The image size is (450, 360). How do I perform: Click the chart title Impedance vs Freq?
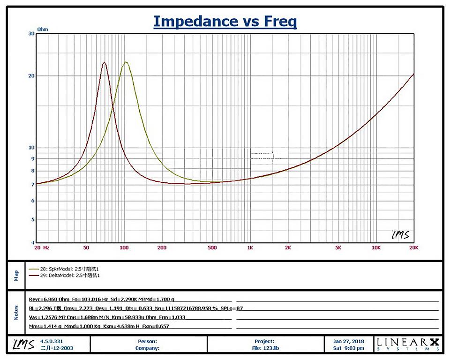click(x=225, y=21)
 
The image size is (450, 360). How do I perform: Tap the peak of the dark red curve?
click(x=105, y=62)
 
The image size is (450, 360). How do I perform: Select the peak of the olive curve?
click(x=126, y=62)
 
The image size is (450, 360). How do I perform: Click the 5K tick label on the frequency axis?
click(x=337, y=247)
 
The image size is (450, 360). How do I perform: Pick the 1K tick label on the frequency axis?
click(x=250, y=247)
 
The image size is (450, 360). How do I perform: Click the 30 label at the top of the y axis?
click(x=31, y=33)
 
